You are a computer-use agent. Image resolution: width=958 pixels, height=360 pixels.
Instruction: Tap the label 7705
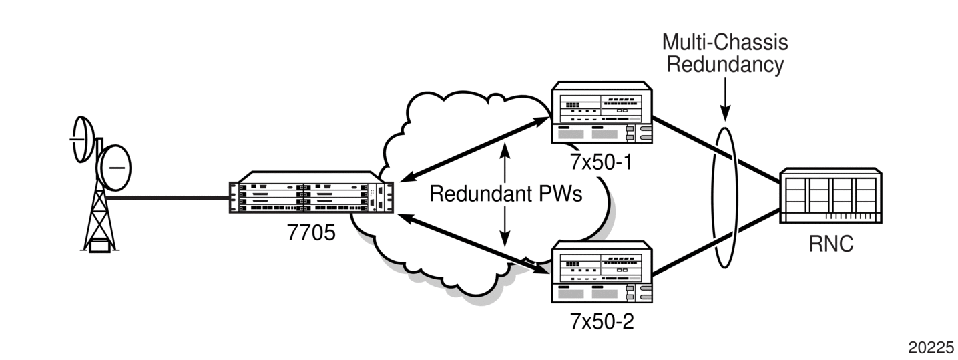(x=311, y=233)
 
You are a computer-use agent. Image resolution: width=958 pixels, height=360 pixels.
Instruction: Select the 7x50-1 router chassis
(x=602, y=112)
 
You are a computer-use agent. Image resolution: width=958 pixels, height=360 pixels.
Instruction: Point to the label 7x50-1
(x=601, y=162)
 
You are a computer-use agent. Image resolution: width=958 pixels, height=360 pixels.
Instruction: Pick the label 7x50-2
(x=602, y=321)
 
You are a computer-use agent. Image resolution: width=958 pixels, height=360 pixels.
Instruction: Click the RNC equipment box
(x=830, y=195)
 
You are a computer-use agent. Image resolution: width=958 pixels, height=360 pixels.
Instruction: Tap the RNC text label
(x=831, y=244)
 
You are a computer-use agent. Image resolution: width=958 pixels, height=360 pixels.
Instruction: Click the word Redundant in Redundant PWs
(x=474, y=194)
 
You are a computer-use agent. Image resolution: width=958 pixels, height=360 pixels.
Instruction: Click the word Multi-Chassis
(x=725, y=42)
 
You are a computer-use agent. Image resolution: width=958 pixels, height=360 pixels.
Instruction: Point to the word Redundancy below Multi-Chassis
(x=725, y=65)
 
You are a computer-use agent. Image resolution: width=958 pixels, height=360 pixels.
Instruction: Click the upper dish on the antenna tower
(x=83, y=140)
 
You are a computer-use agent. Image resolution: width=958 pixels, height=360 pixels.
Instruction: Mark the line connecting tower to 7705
(x=167, y=198)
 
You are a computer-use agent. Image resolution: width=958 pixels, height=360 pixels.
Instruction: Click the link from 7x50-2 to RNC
(x=716, y=242)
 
